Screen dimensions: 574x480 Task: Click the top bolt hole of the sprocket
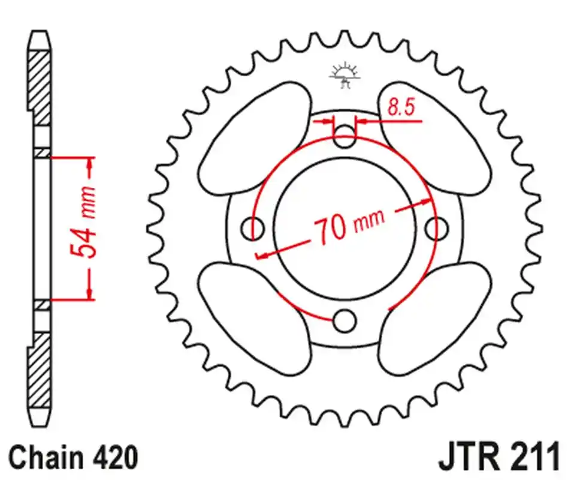tap(345, 136)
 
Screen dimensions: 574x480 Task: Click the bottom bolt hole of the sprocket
tap(345, 320)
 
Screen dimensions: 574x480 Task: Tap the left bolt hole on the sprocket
tap(252, 229)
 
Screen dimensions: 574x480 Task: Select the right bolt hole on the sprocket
tap(437, 228)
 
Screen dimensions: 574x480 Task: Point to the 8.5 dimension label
tap(401, 107)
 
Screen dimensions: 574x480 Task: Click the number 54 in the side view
tap(83, 242)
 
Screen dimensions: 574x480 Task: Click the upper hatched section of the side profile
tap(39, 88)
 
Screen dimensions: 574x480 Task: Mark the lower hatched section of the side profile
tap(39, 370)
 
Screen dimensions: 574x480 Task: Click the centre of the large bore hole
tap(345, 228)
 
